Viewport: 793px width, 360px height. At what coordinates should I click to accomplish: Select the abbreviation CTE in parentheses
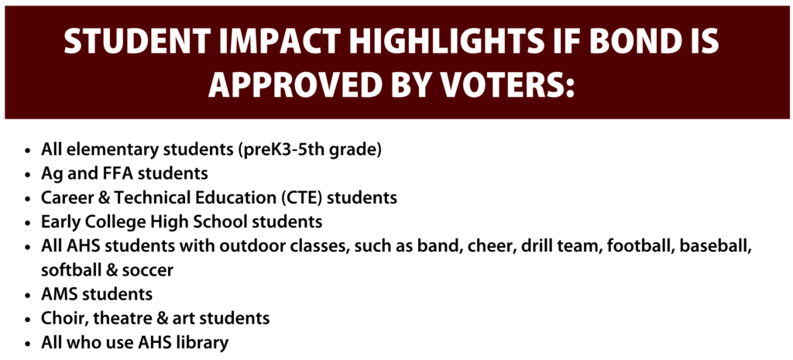302,197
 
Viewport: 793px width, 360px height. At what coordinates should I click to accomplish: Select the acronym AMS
57,294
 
